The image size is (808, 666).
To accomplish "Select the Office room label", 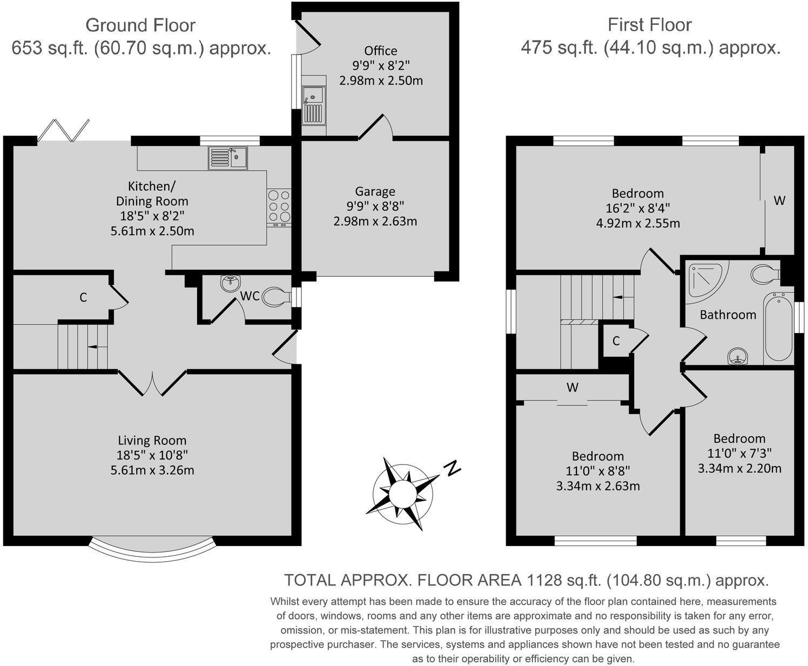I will pos(380,51).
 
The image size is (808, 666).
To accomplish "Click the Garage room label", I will pos(375,191).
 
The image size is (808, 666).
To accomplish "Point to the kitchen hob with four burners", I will pos(279,207).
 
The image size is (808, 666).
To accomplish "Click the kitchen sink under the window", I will pos(227,158).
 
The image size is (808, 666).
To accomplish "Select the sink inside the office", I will pos(314,105).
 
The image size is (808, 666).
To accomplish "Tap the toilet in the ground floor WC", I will pos(278,296).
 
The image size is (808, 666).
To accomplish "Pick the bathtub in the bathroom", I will pos(778,328).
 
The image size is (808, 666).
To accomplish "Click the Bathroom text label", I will pos(728,315).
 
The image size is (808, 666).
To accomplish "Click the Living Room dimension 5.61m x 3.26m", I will pos(152,470).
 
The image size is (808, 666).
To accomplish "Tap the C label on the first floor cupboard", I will pos(616,341).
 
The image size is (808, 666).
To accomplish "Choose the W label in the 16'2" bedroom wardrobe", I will pos(779,201).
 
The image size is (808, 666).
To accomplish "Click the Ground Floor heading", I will pos(140,25).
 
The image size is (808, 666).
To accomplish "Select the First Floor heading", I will pos(649,25).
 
